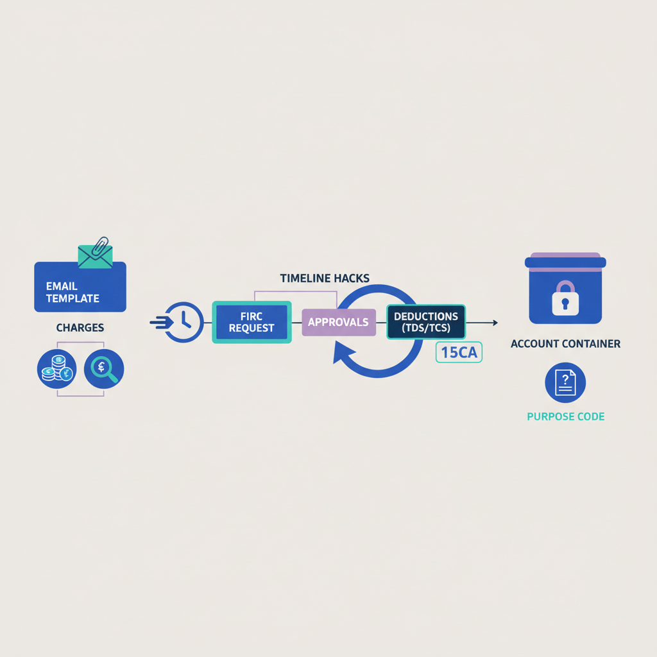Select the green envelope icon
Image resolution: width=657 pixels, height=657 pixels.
click(x=94, y=256)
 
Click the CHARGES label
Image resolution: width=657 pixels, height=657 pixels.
click(x=80, y=328)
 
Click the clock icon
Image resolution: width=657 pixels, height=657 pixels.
click(x=185, y=322)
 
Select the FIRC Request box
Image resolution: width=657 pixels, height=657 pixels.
click(x=252, y=322)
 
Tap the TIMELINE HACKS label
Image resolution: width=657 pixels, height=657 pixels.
click(x=325, y=278)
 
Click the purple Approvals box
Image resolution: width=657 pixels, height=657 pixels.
click(x=338, y=322)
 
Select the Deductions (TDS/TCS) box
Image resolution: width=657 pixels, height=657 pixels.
click(x=426, y=322)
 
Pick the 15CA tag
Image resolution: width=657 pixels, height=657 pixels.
click(x=459, y=353)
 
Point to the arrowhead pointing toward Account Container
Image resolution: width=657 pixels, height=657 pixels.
click(x=495, y=322)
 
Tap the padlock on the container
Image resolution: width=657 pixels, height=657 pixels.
click(x=565, y=298)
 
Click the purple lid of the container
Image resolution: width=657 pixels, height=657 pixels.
click(x=565, y=256)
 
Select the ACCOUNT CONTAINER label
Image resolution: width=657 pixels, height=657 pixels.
click(x=565, y=344)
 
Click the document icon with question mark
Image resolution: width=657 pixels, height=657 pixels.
click(x=565, y=382)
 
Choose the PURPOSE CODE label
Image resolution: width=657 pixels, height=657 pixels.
click(x=565, y=416)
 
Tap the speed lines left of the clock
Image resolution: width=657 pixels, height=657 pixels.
click(x=158, y=322)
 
